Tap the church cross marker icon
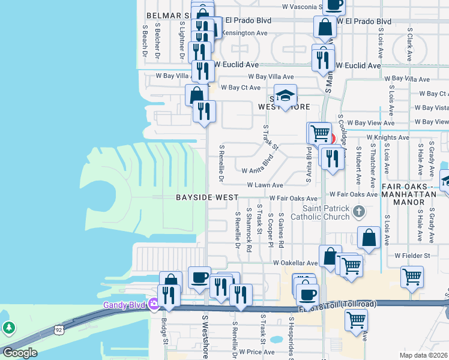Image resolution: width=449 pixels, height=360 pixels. click(359, 211)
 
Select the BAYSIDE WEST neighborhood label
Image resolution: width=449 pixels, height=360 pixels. click(207, 197)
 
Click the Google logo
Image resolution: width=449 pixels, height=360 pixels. click(19, 353)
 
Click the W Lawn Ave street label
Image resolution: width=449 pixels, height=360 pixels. click(264, 186)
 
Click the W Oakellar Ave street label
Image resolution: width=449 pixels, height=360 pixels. click(295, 263)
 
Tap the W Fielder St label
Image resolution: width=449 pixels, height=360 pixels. click(412, 256)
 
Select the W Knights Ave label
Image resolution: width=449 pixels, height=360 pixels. click(388, 137)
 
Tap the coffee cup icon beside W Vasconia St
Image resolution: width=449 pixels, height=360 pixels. click(334, 4)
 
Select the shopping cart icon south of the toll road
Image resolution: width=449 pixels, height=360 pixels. click(357, 320)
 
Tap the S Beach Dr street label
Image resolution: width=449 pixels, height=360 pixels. click(145, 40)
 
